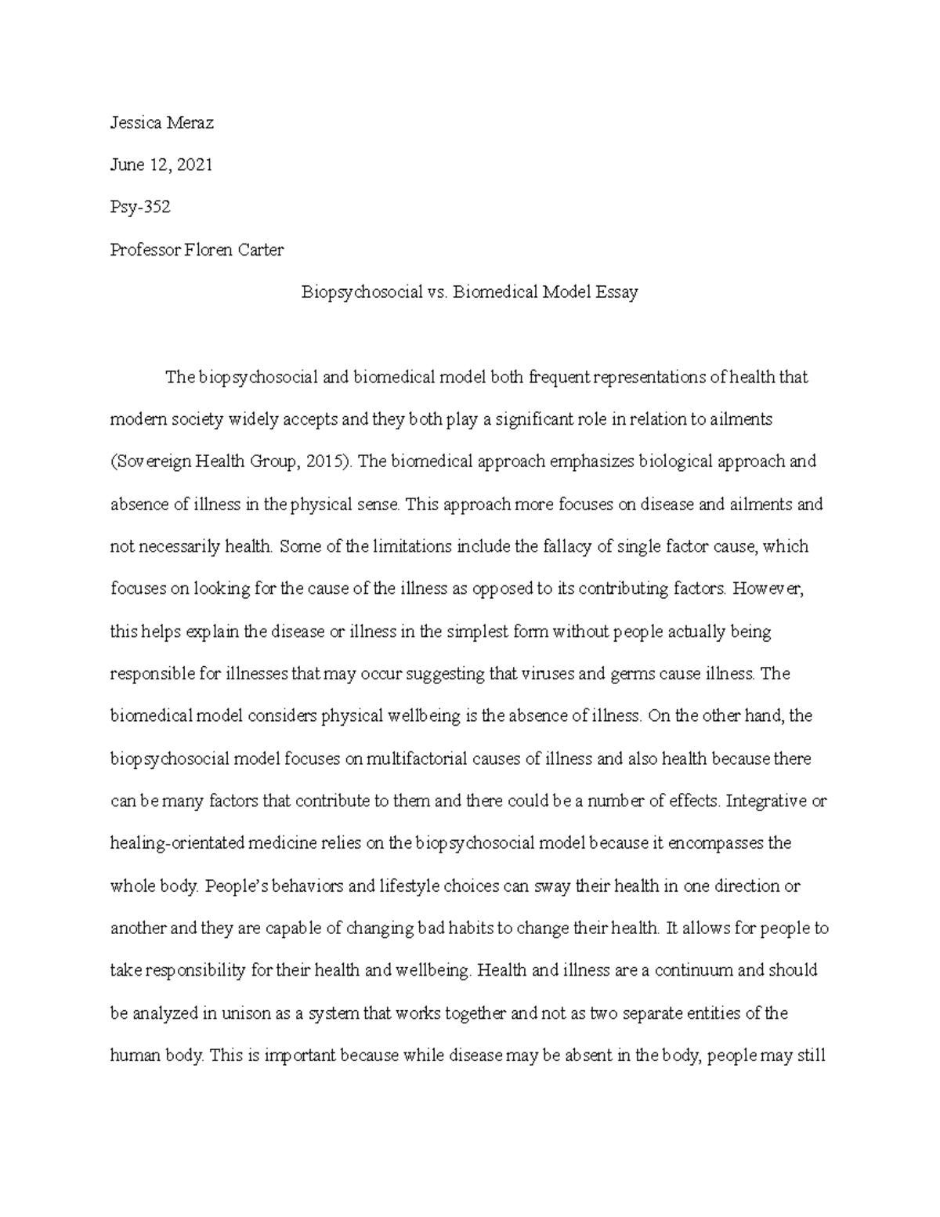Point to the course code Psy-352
pyautogui.click(x=140, y=208)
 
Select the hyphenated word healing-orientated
pyautogui.click(x=174, y=843)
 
